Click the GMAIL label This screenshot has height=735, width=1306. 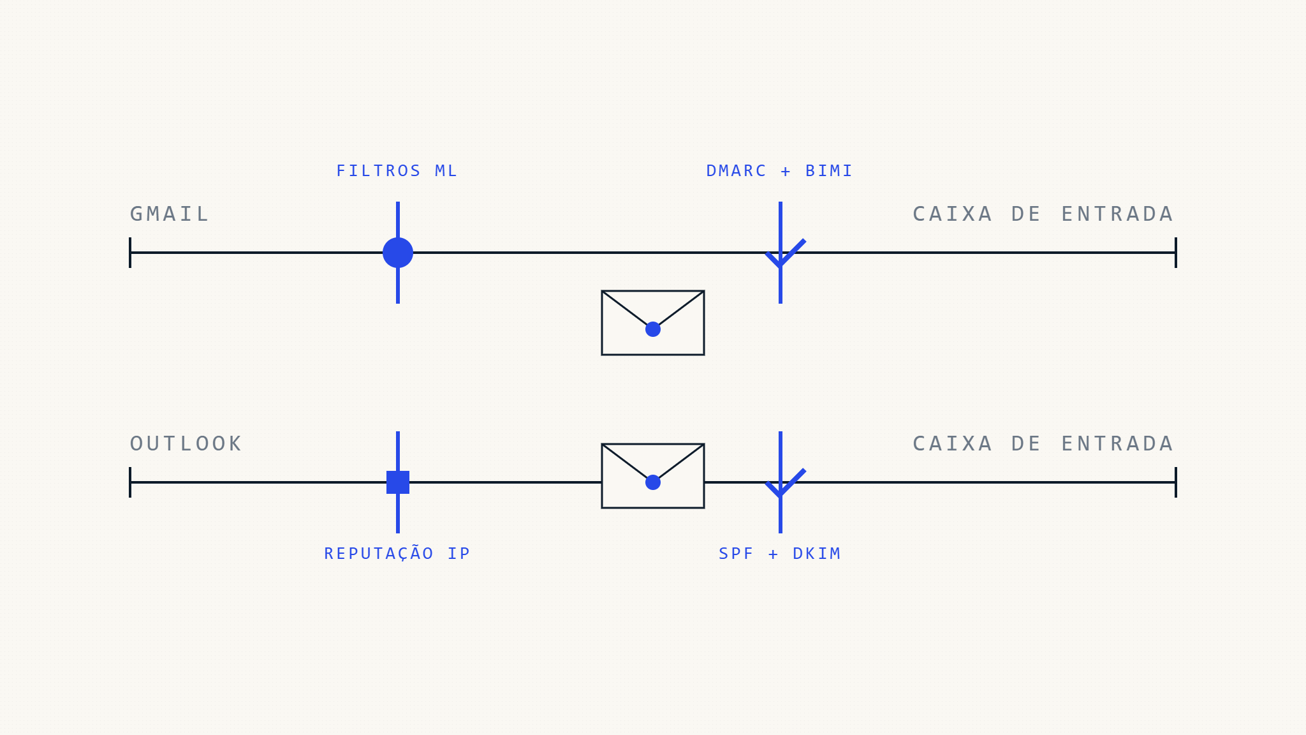tap(169, 214)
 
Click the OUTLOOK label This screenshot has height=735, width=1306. tap(186, 443)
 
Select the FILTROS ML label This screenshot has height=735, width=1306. tap(397, 171)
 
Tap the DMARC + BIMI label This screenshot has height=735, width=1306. tap(779, 171)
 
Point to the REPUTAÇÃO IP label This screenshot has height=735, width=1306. tap(397, 553)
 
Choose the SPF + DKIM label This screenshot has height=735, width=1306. tap(779, 553)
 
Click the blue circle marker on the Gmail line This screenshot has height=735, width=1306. tap(398, 253)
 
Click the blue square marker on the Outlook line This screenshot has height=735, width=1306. tap(398, 482)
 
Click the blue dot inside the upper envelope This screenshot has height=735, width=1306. tap(653, 329)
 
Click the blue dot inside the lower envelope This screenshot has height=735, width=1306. tap(653, 482)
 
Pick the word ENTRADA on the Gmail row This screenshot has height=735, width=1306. tap(1117, 214)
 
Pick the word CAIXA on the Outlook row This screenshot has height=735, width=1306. tap(952, 443)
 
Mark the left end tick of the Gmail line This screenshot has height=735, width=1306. tap(130, 253)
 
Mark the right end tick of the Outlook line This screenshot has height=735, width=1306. tap(1175, 482)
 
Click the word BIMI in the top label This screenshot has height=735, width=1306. tap(828, 171)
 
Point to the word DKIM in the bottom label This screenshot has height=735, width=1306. tap(816, 553)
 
